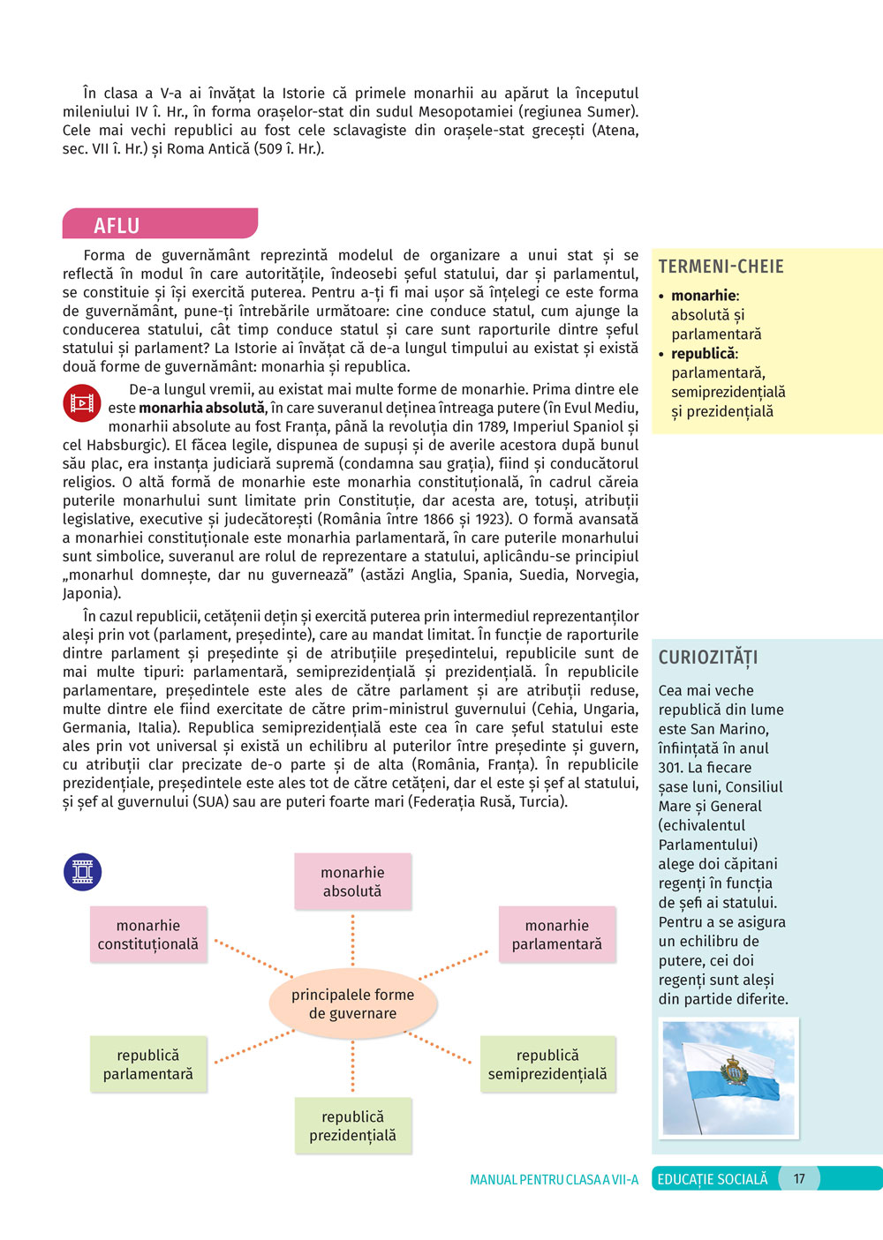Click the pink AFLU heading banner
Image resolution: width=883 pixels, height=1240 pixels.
coord(159,224)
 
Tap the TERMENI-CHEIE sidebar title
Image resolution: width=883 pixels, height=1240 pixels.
coord(721,267)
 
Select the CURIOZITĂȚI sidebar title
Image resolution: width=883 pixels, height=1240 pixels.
coord(708,658)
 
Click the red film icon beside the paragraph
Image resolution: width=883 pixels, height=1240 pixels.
coord(82,403)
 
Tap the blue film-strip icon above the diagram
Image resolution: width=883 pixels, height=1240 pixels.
coord(83,872)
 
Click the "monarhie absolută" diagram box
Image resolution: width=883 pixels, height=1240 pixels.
coord(352,882)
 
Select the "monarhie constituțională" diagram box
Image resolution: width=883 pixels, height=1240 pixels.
coord(148,935)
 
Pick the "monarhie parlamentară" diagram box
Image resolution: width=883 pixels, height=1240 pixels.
coord(556,935)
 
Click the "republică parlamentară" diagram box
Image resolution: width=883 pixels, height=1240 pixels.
coord(148,1064)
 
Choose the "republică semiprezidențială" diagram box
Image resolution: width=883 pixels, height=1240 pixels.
coord(547,1064)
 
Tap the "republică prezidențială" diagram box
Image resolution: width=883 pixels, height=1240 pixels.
coord(352,1126)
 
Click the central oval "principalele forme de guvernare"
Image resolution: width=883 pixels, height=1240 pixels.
coord(352,1003)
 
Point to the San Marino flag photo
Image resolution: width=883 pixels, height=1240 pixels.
coord(728,1078)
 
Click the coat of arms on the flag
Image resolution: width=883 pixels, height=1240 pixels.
coord(734,1070)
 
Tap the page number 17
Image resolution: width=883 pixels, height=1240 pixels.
coord(799,1179)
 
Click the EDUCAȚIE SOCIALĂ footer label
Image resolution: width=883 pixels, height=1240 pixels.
coord(713,1179)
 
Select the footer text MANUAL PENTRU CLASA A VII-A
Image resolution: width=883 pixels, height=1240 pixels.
coord(554,1180)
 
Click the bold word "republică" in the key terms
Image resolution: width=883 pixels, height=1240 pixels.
coord(703,354)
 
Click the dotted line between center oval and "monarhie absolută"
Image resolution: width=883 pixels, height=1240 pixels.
coord(352,942)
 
